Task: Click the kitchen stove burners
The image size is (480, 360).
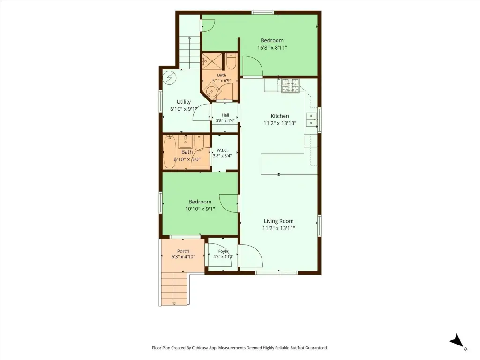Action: (x=290, y=86)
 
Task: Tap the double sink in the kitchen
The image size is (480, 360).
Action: (x=311, y=120)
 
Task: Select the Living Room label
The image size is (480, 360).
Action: (x=278, y=221)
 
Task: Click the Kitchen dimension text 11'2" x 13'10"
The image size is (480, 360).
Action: (x=280, y=123)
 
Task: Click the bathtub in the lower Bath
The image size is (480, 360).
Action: (x=169, y=152)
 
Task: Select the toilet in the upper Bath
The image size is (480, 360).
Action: (x=231, y=61)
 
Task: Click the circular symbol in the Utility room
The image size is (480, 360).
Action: (x=169, y=78)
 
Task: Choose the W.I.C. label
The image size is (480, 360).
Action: (x=222, y=150)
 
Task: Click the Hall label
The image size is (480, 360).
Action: (x=225, y=115)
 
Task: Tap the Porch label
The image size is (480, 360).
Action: (x=183, y=251)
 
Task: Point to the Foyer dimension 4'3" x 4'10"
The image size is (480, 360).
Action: (x=223, y=257)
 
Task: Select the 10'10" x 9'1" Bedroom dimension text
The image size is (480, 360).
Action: (x=200, y=209)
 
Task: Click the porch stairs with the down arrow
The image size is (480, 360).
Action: (x=174, y=288)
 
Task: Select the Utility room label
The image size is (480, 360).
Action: (x=184, y=102)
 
